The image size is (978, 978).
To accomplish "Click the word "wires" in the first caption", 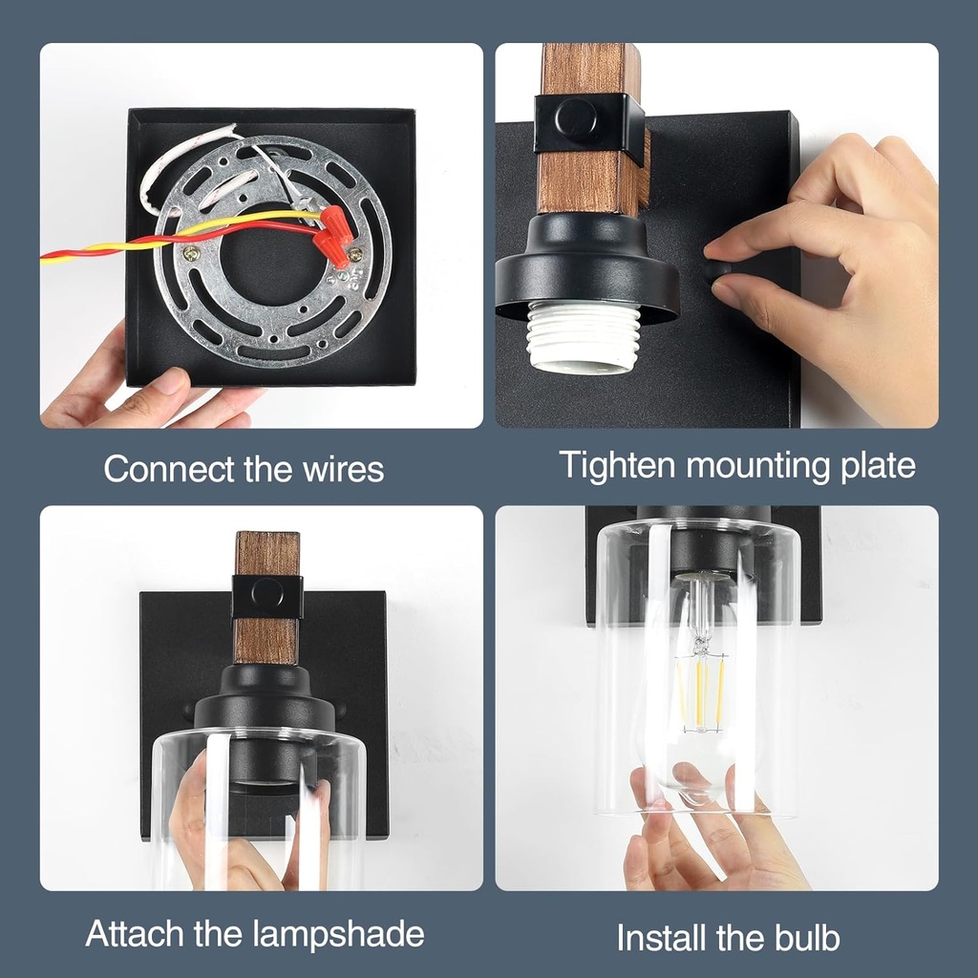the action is tap(343, 468).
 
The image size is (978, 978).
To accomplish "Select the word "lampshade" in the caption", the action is tap(339, 934).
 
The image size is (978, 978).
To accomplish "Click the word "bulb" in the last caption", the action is tap(807, 938).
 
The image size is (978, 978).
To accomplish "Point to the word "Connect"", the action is tap(170, 468).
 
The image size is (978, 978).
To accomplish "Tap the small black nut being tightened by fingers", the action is tap(719, 273).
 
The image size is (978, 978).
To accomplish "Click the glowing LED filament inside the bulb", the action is tap(702, 692).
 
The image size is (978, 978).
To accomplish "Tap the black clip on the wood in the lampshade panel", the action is tap(267, 597).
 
